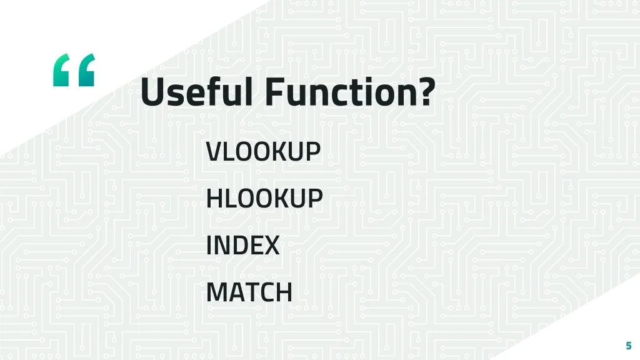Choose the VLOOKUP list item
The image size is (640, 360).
[x=263, y=151]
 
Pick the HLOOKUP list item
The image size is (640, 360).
[x=264, y=198]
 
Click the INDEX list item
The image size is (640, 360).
[x=243, y=245]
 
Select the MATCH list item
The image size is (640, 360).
[x=249, y=292]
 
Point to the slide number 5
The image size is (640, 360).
[x=629, y=346]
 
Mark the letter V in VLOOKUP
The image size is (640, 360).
[x=214, y=151]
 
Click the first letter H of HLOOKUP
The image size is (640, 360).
[x=215, y=198]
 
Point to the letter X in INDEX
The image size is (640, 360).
[x=271, y=245]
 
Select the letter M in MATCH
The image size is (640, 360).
[x=217, y=292]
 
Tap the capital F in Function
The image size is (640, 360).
[x=276, y=91]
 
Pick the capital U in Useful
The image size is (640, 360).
[x=152, y=92]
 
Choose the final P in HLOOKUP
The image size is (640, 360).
[x=315, y=198]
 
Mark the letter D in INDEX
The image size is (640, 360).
[x=237, y=245]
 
